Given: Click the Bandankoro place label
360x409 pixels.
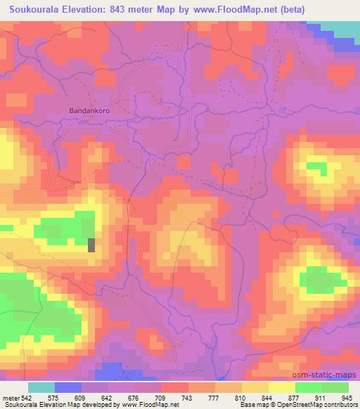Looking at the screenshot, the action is click(89, 111).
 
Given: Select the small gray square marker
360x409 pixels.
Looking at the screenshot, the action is click(91, 245).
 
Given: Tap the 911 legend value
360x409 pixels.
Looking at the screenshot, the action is click(321, 398).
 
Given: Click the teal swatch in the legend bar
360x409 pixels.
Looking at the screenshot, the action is click(41, 387).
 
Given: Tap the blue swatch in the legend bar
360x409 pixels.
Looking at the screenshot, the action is click(67, 387).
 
